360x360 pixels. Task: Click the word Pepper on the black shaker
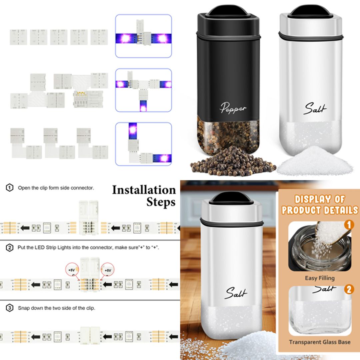tap(233, 108)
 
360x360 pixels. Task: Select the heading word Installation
tap(144, 190)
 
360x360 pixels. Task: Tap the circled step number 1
tap(10, 188)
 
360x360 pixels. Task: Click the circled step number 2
tap(10, 248)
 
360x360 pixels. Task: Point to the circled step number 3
tap(10, 308)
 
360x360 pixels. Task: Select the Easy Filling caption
tap(319, 278)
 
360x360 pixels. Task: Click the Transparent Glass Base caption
tap(319, 342)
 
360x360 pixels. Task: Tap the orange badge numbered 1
tap(349, 225)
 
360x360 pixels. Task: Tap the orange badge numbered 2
tap(349, 289)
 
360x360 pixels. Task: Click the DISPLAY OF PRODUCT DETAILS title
tap(319, 205)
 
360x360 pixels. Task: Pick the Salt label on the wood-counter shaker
tap(236, 293)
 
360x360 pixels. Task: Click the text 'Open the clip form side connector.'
tap(56, 188)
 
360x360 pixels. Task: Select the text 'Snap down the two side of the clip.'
tap(56, 308)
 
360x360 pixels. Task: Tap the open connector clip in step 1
tap(89, 218)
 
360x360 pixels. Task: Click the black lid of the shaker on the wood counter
tap(231, 198)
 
